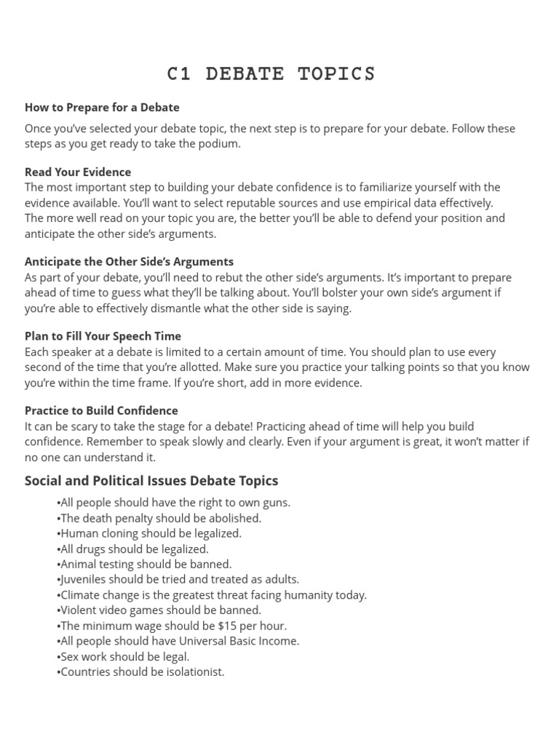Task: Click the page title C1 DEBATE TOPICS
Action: click(271, 74)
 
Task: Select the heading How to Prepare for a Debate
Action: click(102, 108)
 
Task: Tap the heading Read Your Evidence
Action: click(78, 172)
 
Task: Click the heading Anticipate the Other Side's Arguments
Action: click(129, 262)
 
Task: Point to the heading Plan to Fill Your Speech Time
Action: click(103, 336)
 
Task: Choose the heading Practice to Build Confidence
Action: click(101, 410)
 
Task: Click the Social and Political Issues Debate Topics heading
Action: click(151, 481)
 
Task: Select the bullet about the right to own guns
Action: click(173, 503)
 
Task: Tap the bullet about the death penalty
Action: click(159, 518)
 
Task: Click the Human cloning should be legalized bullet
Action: click(149, 533)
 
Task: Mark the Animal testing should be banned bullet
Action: click(144, 564)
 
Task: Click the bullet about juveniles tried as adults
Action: click(178, 579)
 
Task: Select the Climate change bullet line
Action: click(211, 594)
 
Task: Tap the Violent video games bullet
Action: click(159, 610)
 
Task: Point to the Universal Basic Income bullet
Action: click(178, 641)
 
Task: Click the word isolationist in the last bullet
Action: click(194, 672)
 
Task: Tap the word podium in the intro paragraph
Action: click(217, 144)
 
